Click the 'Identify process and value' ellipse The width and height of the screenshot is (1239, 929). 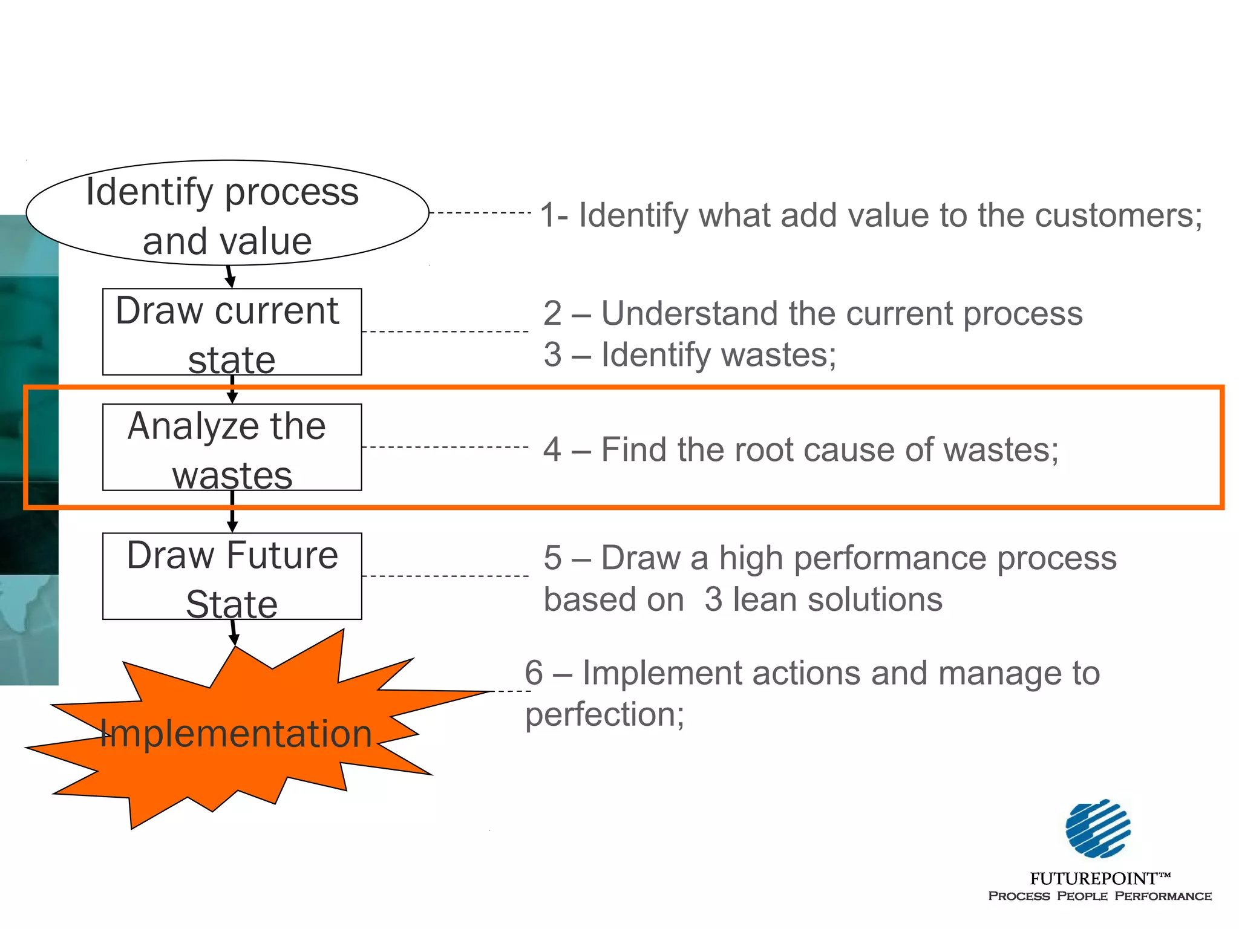pyautogui.click(x=227, y=213)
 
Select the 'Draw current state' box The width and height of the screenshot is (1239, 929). pyautogui.click(x=232, y=332)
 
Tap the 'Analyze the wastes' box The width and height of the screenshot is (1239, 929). pyautogui.click(x=232, y=448)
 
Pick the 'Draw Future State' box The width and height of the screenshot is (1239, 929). pyautogui.click(x=232, y=576)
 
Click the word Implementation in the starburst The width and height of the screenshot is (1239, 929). pyautogui.click(x=235, y=734)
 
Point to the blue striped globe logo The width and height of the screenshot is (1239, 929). pyautogui.click(x=1097, y=829)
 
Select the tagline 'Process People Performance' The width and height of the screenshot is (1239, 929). pyautogui.click(x=1099, y=896)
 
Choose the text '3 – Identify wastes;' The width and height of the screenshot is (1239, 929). pyautogui.click(x=690, y=355)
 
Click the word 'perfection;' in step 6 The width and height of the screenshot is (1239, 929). pyautogui.click(x=604, y=715)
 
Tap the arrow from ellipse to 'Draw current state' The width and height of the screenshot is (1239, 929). pyautogui.click(x=229, y=276)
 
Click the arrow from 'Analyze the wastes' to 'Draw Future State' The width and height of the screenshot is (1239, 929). pyautogui.click(x=232, y=512)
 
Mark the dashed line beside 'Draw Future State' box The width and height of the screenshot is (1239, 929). pyautogui.click(x=445, y=576)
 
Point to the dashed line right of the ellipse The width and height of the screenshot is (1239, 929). pyautogui.click(x=480, y=213)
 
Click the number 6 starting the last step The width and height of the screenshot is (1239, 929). pyautogui.click(x=534, y=673)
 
